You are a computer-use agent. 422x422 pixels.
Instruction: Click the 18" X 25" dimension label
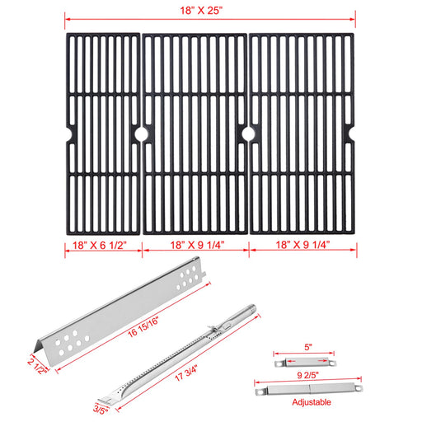[x=201, y=11]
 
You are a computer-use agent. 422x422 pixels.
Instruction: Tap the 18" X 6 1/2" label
[x=100, y=246]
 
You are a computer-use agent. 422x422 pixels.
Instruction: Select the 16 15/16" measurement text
[x=143, y=327]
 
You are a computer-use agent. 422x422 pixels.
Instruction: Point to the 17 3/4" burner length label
[x=186, y=373]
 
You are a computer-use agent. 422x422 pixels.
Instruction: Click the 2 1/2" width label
[x=37, y=366]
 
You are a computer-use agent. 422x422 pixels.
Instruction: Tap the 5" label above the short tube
[x=307, y=347]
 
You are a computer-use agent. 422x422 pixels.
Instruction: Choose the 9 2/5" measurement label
[x=307, y=375]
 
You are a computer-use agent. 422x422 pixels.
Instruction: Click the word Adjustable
[x=312, y=402]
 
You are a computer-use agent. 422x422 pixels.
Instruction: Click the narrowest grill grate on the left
[x=103, y=134]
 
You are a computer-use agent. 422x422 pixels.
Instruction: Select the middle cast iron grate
[x=195, y=134]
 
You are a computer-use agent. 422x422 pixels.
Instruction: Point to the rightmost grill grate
[x=302, y=134]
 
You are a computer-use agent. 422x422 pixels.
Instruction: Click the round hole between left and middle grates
[x=141, y=134]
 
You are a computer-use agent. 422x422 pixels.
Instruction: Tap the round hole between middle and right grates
[x=248, y=134]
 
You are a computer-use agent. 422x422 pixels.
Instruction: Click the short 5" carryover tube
[x=305, y=363]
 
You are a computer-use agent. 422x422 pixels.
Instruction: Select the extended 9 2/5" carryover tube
[x=309, y=389]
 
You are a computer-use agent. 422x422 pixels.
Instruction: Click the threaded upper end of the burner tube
[x=251, y=308]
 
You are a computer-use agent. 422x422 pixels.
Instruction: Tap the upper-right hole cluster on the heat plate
[x=188, y=277]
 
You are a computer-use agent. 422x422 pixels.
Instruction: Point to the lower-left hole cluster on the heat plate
[x=72, y=343]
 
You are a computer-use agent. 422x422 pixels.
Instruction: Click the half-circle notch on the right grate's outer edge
[x=351, y=134]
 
